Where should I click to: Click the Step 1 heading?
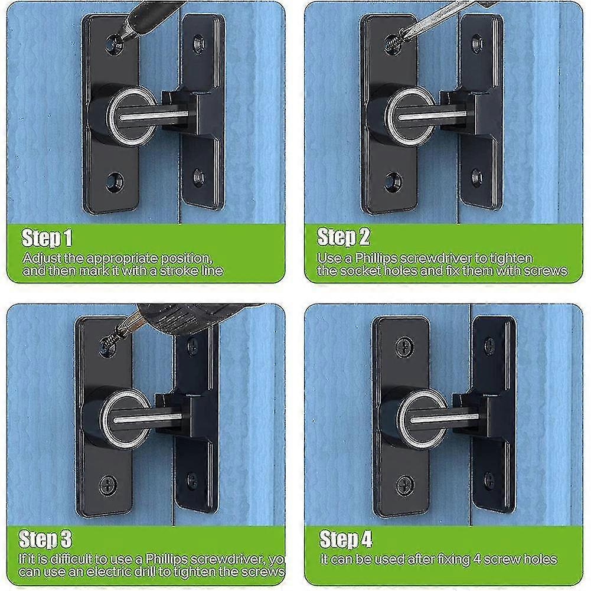pos(47,239)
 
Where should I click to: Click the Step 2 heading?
pos(344,237)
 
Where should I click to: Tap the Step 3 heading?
pos(45,539)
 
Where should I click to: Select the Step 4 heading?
pos(346,539)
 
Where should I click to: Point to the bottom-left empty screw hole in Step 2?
pos(393,180)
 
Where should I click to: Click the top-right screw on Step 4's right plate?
pos(489,345)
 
